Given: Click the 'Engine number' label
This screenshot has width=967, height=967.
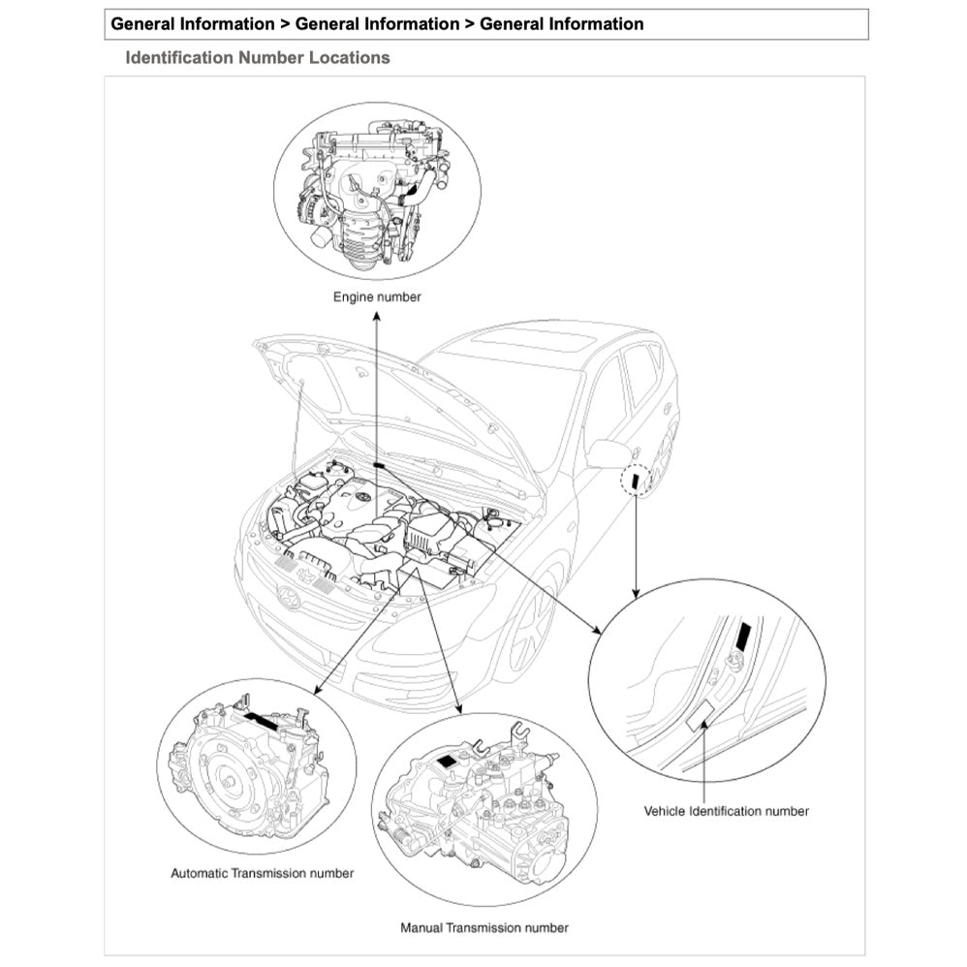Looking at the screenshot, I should point(377,296).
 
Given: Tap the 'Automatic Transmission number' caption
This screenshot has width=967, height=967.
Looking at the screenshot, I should point(262,873).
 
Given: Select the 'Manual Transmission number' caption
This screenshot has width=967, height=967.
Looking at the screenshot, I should point(484,927).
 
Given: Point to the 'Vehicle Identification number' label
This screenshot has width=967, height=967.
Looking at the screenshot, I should point(726,811).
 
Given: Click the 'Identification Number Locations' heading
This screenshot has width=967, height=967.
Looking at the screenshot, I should point(258,58).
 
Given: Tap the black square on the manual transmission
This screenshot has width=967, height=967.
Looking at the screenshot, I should point(447,762).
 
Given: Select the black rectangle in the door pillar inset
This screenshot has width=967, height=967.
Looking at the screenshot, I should point(743,636).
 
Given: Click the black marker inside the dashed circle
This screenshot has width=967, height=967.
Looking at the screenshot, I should point(635,480).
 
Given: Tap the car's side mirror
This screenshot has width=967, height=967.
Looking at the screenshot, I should point(608,453).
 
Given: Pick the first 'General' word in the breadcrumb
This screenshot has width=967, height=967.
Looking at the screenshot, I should point(145,24).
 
